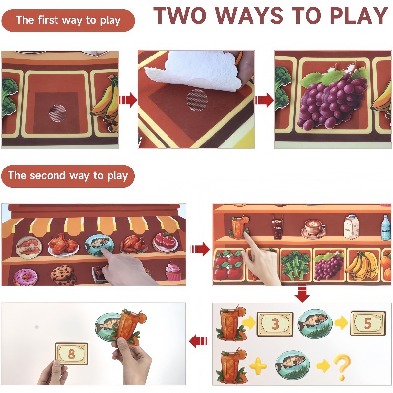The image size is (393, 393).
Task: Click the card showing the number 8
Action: click(x=71, y=354)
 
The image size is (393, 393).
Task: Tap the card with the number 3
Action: click(x=275, y=324)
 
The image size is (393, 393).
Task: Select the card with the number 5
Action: click(x=367, y=323)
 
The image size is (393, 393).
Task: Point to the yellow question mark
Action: click(x=342, y=366)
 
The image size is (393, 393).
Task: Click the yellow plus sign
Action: click(x=258, y=365)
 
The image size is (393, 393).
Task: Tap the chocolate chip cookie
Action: click(x=63, y=276)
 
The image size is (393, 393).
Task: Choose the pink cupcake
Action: click(x=173, y=272)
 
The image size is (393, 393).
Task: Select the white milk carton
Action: click(x=351, y=227)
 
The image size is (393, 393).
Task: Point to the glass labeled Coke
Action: click(x=278, y=227)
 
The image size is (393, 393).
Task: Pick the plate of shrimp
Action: click(x=29, y=248)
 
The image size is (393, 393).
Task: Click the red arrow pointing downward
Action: click(x=302, y=293)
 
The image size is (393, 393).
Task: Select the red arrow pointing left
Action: click(x=199, y=341)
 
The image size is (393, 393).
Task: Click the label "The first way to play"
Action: click(x=68, y=21)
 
